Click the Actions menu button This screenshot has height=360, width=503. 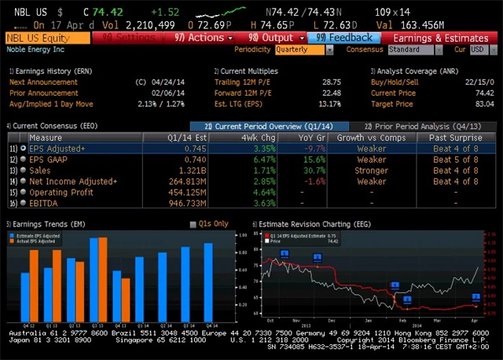pyautogui.click(x=204, y=38)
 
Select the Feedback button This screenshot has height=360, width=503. pyautogui.click(x=345, y=38)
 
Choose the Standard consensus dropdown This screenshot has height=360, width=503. pyautogui.click(x=414, y=50)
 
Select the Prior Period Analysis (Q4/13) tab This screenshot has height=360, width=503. pyautogui.click(x=422, y=127)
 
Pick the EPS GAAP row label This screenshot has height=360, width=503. pyautogui.click(x=49, y=159)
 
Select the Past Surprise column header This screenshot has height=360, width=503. pyautogui.click(x=453, y=138)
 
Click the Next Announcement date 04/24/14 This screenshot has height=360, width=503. pyautogui.click(x=163, y=82)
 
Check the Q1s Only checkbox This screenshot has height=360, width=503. pyautogui.click(x=193, y=224)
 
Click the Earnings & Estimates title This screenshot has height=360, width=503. pyautogui.click(x=441, y=38)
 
